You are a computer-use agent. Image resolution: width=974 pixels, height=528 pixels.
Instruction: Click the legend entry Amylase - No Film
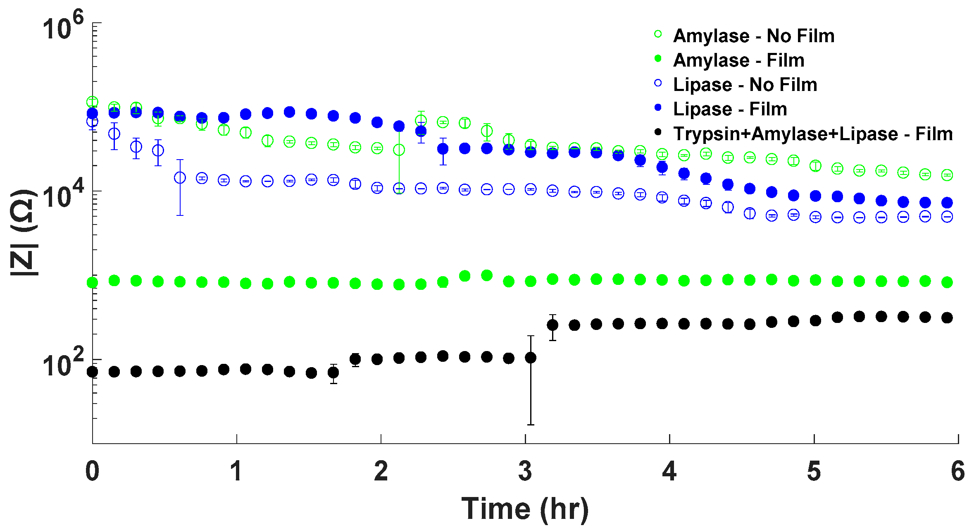pos(753,36)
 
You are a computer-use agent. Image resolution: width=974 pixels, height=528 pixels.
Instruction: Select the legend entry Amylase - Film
pos(738,60)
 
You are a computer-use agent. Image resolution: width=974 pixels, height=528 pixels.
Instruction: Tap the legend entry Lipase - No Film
pos(745,85)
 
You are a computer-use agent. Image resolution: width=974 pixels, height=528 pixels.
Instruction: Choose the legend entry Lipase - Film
pos(730,109)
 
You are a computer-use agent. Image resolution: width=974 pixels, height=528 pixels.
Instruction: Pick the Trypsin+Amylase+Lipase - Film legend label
pos(812,134)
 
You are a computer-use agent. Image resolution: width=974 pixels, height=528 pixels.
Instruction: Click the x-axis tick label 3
pos(525,471)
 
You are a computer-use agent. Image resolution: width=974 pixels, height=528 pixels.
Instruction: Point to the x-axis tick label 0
pos(92,471)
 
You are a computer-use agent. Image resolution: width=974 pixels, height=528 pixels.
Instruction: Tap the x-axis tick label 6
pos(957,471)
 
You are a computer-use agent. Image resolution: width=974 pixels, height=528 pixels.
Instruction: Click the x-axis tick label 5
pos(814,471)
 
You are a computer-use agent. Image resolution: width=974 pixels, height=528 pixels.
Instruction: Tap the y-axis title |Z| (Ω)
pos(24,232)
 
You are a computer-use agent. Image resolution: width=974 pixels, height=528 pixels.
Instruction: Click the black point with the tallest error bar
pos(531,358)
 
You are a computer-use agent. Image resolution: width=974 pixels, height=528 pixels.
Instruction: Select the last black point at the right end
pos(947,318)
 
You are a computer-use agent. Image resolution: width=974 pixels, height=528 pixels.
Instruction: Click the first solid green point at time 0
pos(92,283)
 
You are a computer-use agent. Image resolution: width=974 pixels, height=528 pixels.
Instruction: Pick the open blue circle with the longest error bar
pos(180,178)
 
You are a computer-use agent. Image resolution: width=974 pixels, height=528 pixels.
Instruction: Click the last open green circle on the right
pos(947,175)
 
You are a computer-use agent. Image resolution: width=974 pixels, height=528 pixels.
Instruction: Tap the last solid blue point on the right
pos(947,203)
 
